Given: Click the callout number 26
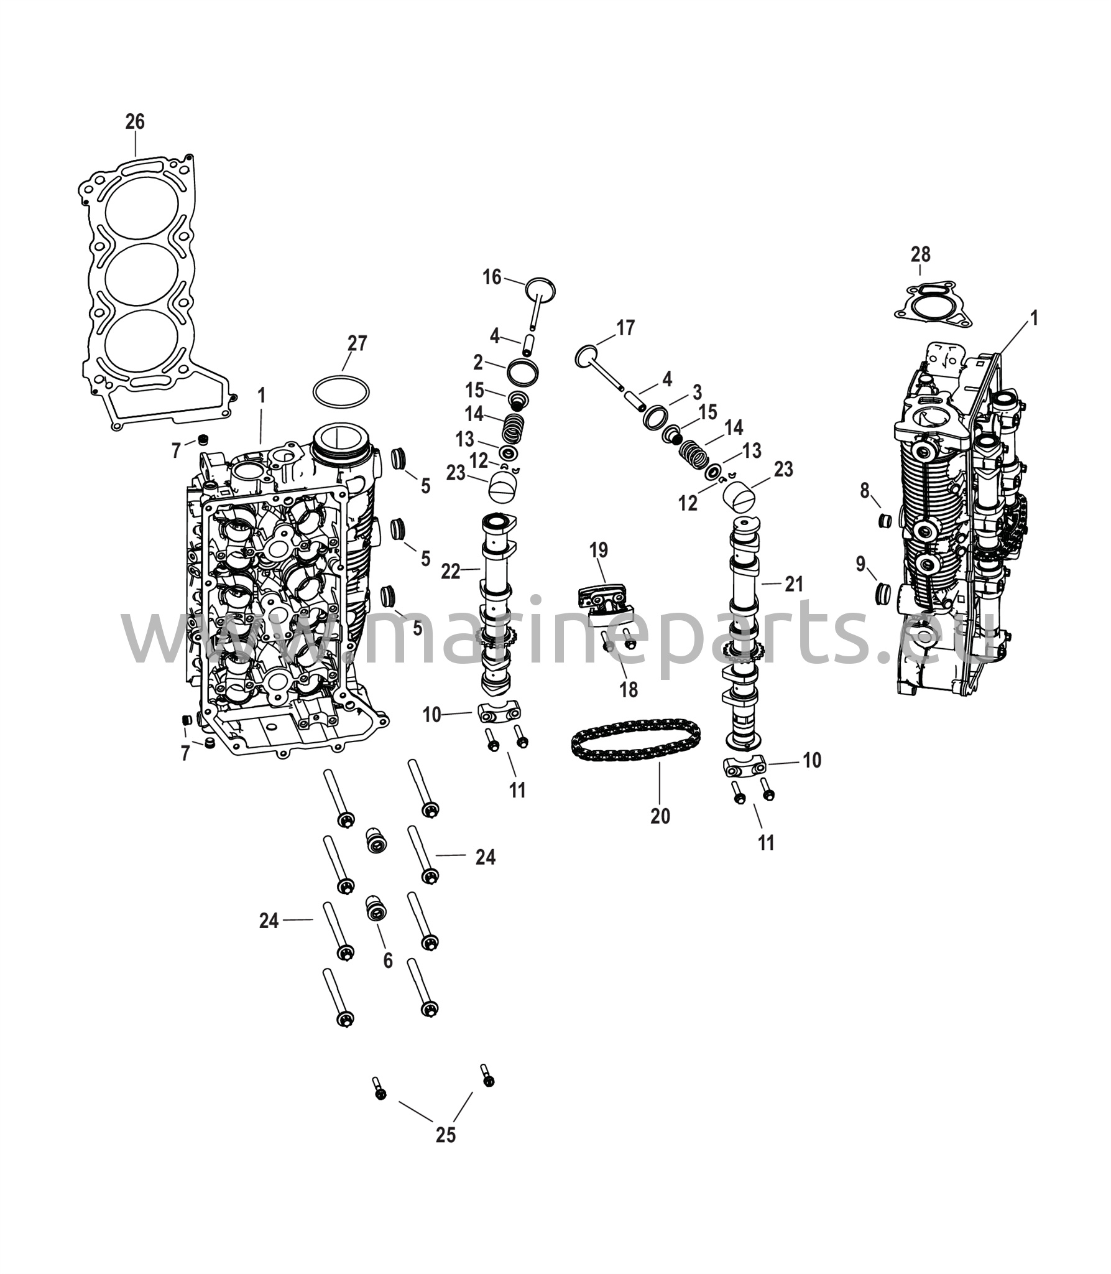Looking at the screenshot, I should [135, 122].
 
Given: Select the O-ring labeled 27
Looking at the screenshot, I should [341, 393].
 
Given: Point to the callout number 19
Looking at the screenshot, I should [599, 550].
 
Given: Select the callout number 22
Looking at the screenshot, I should [450, 571].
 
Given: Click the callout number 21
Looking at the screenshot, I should [794, 584].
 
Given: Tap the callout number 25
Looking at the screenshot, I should [446, 1135].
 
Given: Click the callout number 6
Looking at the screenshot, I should [388, 961].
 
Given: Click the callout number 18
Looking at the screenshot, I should [629, 690].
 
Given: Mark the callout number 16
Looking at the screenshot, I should [492, 277].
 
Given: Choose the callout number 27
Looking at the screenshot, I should [357, 343].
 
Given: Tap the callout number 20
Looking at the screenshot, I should [660, 816].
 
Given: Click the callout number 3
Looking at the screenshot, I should [698, 393].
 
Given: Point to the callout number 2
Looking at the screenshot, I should [478, 362].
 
